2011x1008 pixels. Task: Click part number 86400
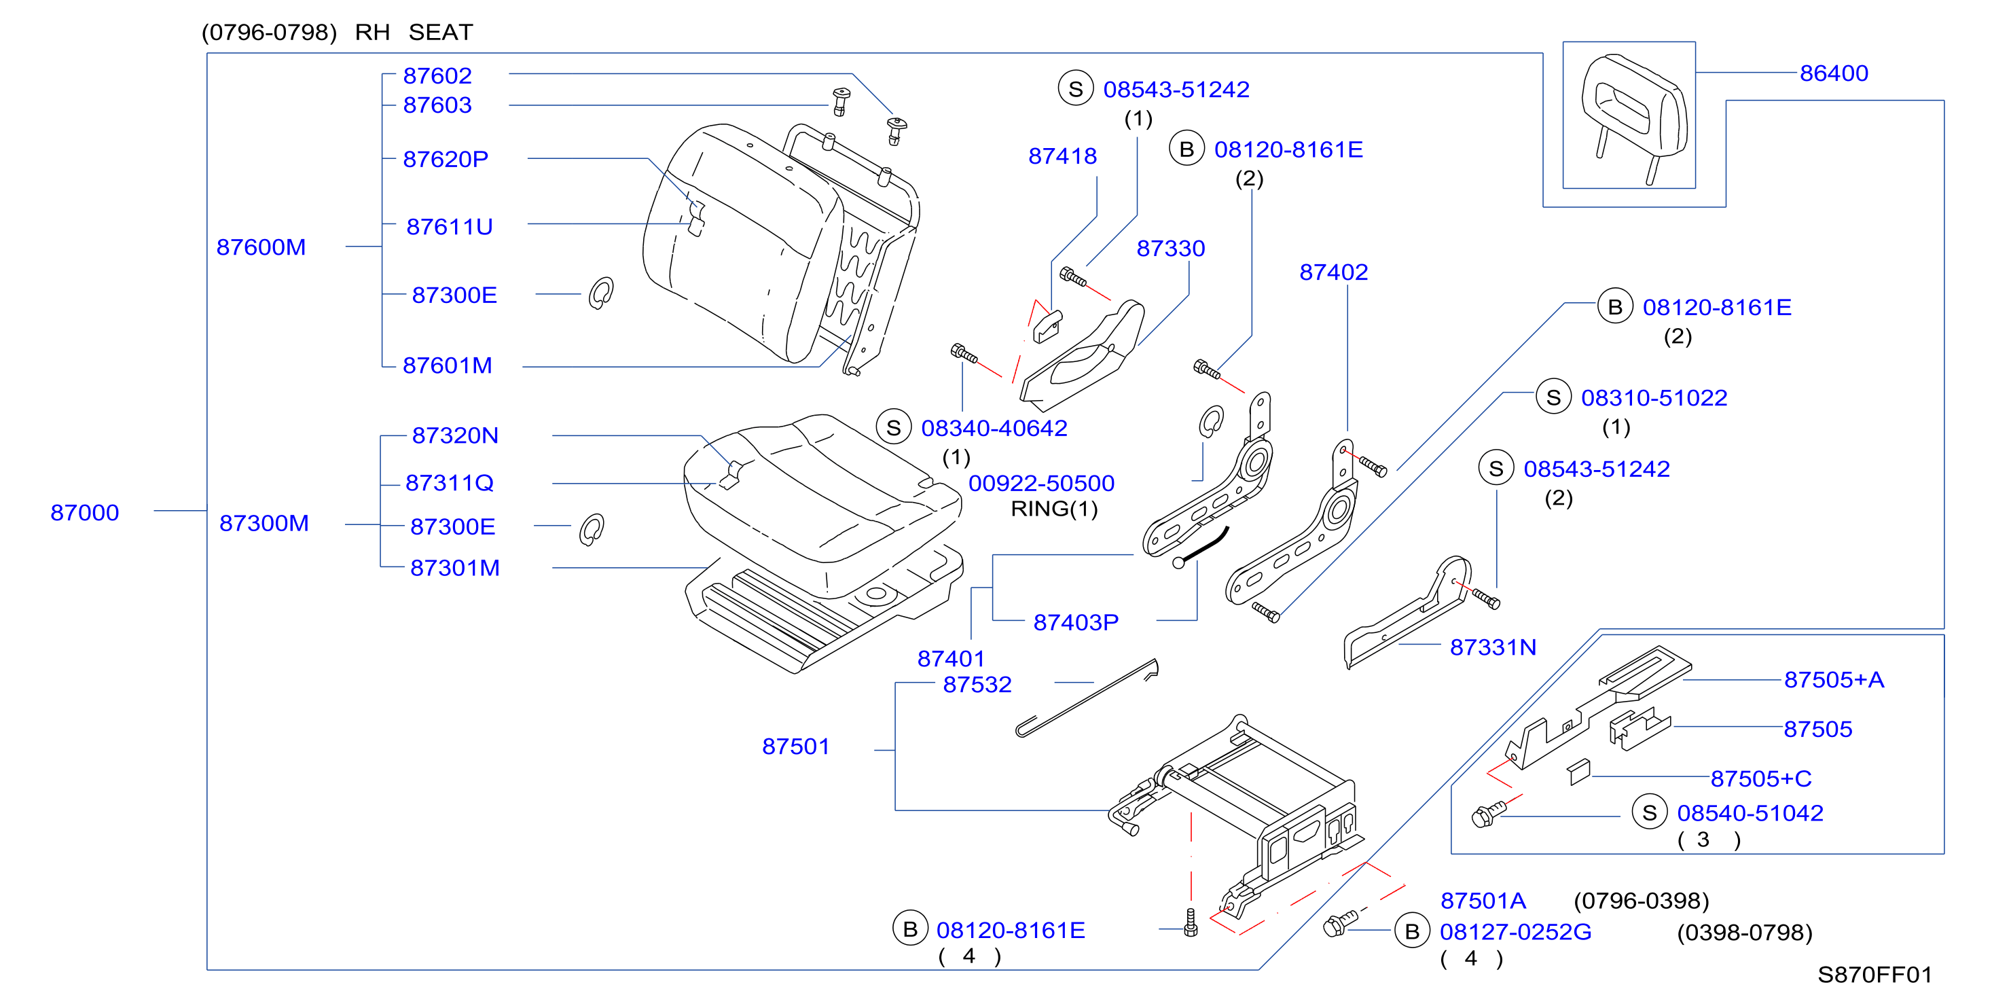[x=1833, y=73]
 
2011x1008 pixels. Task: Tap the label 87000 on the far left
[x=84, y=513]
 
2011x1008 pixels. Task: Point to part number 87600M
[x=261, y=247]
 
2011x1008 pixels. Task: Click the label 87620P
[x=445, y=159]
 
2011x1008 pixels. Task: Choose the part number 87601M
[x=448, y=365]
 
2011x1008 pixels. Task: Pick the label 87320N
[x=455, y=435]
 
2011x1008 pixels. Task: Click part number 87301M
[x=455, y=569]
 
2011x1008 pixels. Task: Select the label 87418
[x=1062, y=156]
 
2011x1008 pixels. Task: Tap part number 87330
[x=1170, y=249]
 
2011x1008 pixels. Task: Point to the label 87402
[x=1333, y=272]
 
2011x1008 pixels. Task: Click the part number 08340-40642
[x=994, y=428]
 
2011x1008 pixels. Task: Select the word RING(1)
[x=1054, y=509]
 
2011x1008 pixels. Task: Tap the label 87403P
[x=1076, y=622]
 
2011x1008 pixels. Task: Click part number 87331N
[x=1493, y=647]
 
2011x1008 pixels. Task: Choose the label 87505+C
[x=1761, y=778]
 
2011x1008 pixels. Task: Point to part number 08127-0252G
[x=1515, y=932]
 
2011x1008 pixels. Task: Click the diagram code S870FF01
[x=1874, y=975]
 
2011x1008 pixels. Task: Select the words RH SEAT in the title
[x=414, y=33]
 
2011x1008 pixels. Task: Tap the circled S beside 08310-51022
[x=1553, y=397]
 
